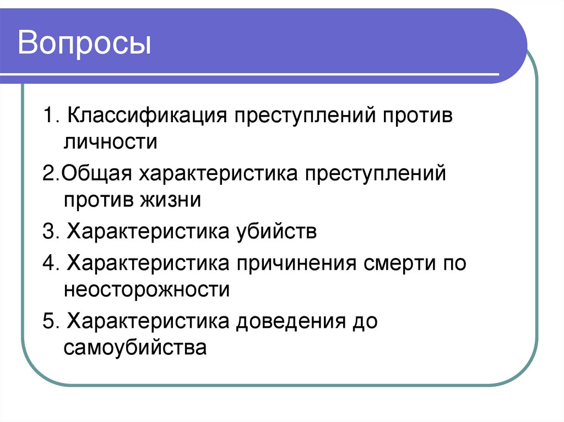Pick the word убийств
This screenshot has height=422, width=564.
point(280,232)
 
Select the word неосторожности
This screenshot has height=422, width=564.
point(147,289)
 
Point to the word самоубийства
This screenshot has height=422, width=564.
point(135,347)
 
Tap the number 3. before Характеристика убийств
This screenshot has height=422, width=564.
point(51,232)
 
